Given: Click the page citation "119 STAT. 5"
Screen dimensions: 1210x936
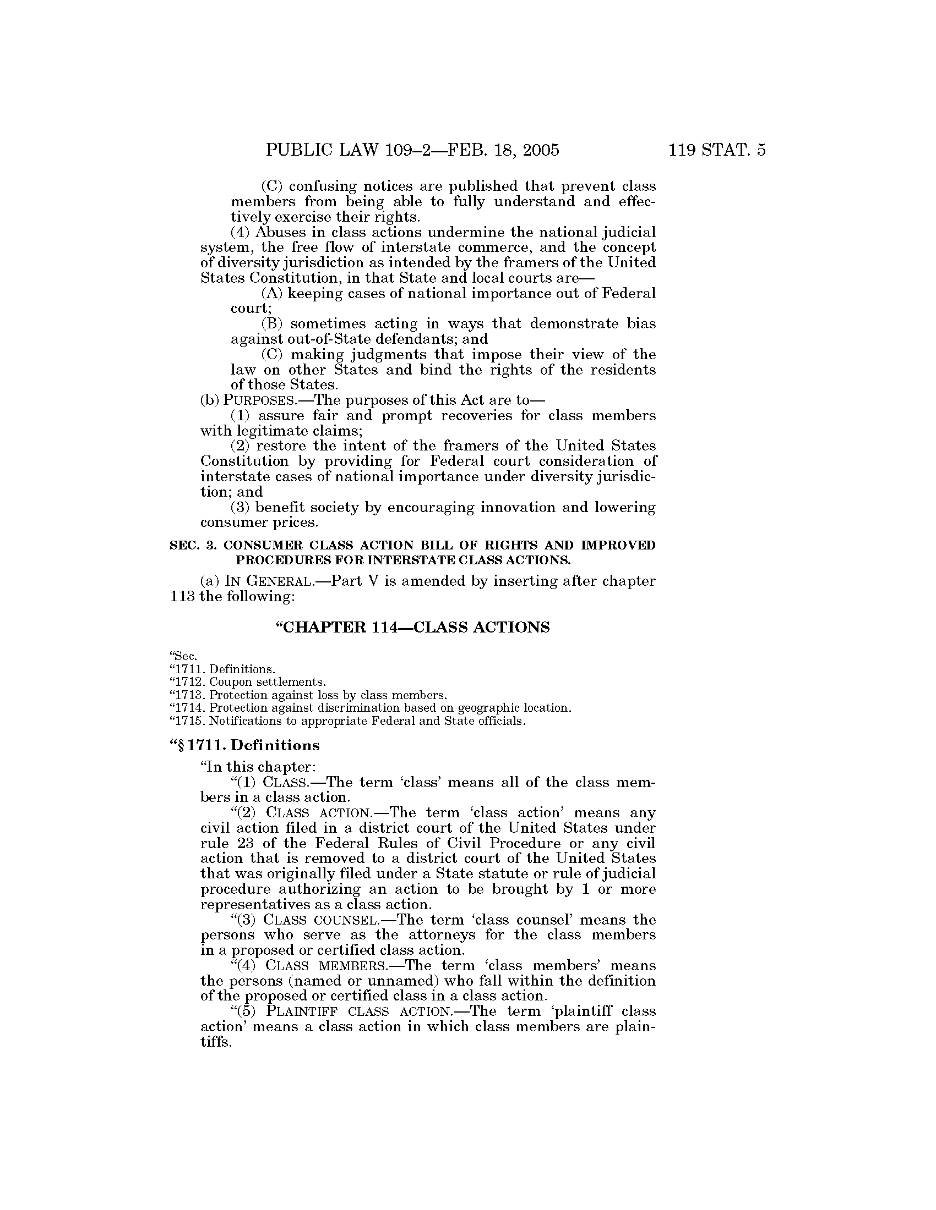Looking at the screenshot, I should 717,150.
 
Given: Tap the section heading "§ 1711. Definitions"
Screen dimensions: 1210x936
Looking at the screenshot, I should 244,745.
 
